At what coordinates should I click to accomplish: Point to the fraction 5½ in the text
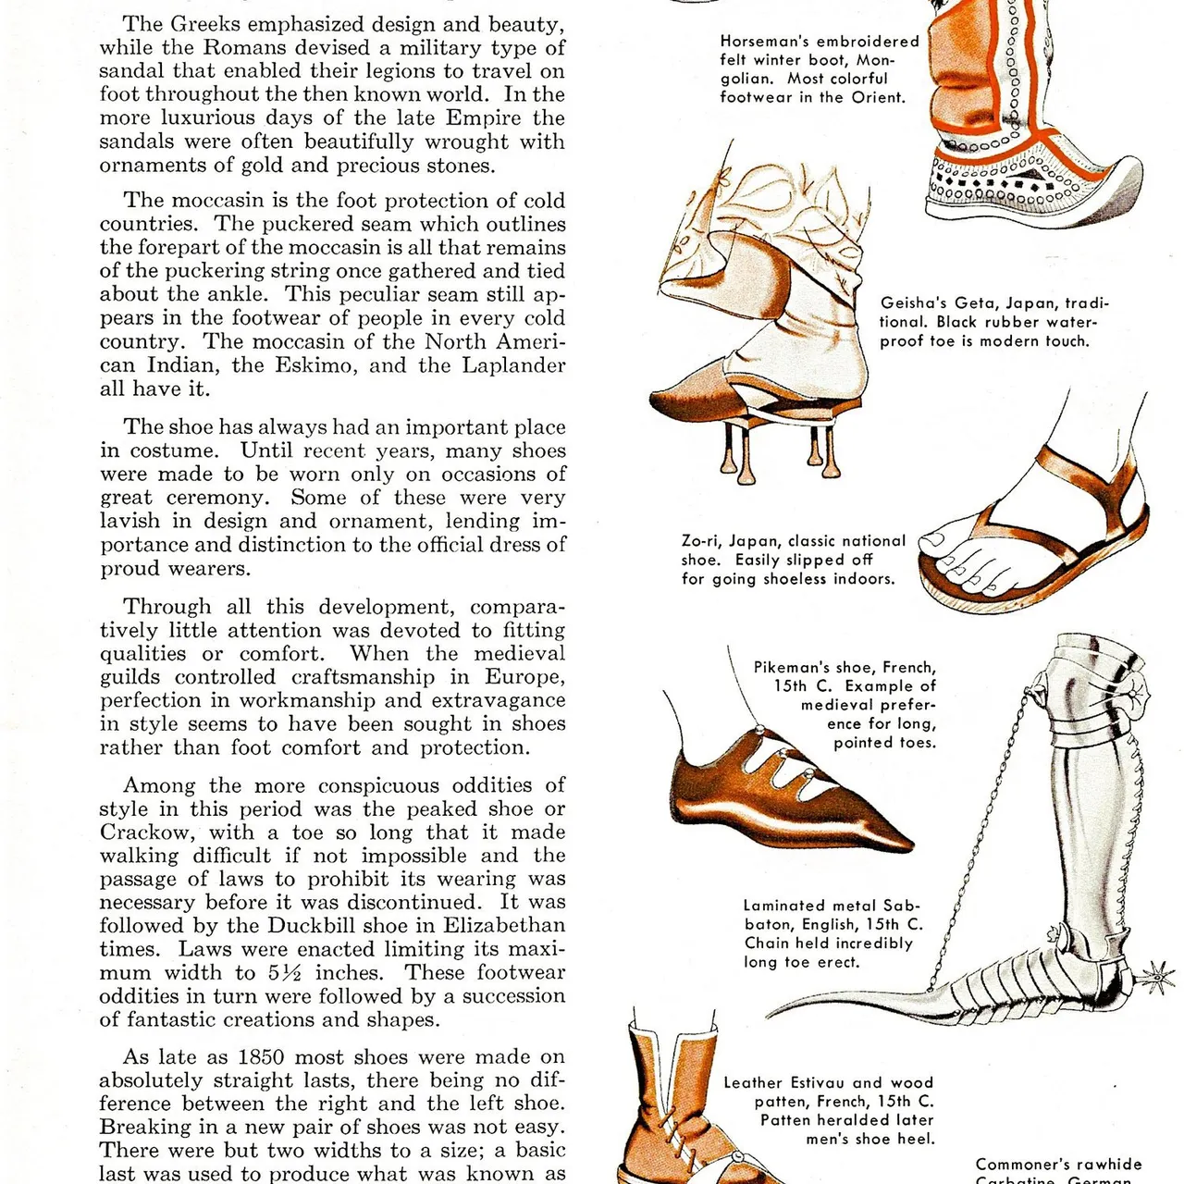[286, 972]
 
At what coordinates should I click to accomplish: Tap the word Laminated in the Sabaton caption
[783, 906]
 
